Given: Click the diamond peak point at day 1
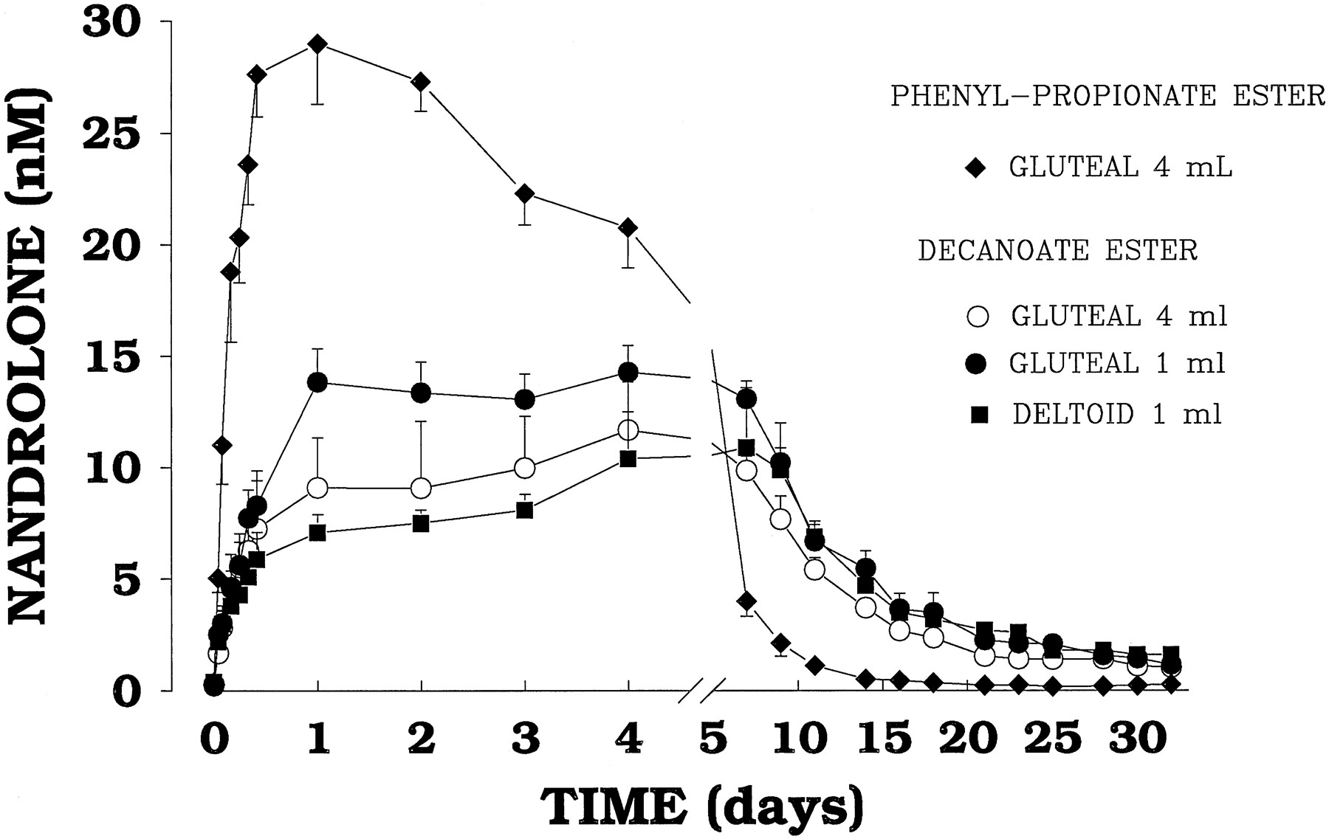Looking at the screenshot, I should coord(317,44).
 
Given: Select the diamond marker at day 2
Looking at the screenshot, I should coord(421,82).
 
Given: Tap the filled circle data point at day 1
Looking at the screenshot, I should coord(317,382).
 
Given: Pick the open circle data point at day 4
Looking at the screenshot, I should coord(628,429).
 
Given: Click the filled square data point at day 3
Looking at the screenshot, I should coord(525,510).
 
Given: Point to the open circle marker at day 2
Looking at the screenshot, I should coord(421,488).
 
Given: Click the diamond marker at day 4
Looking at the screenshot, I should coord(628,227).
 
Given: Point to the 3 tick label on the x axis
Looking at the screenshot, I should coord(525,739).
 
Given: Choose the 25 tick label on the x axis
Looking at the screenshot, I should coord(1057,739).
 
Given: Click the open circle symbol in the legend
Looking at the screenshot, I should coord(977,317).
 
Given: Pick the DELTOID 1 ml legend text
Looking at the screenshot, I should coord(1116,415).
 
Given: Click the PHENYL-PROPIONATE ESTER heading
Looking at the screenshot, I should coord(1107,96).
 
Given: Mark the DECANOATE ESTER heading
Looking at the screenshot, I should coord(1057,251).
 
